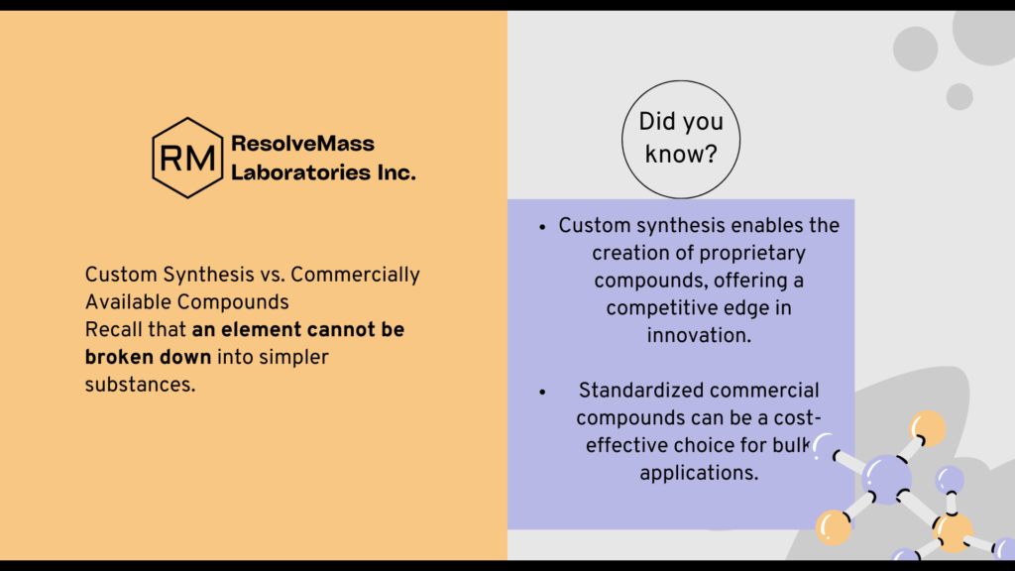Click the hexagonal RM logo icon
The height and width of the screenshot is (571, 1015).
pos(187,158)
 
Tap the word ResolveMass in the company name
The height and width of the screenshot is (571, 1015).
pos(302,144)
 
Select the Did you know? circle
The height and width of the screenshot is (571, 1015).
pos(681,138)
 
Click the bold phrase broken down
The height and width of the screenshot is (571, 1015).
pos(148,357)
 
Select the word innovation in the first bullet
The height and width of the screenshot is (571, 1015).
pos(700,335)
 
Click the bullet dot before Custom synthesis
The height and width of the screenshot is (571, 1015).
pos(542,226)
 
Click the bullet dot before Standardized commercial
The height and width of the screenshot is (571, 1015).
pos(542,392)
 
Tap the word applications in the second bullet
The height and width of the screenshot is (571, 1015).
pos(699,473)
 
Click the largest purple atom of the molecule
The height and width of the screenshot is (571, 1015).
pos(886,479)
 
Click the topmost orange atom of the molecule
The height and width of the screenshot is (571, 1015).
pos(928,428)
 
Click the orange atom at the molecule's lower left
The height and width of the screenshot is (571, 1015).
pos(833,527)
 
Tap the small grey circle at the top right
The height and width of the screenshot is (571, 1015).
pos(959,96)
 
